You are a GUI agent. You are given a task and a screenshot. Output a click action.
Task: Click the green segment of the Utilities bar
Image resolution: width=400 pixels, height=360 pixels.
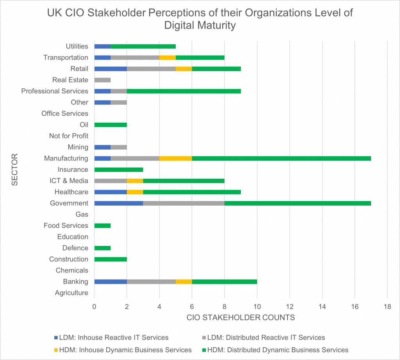click(x=143, y=46)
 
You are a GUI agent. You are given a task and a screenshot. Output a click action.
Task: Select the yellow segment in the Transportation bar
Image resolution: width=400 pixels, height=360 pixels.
click(x=167, y=57)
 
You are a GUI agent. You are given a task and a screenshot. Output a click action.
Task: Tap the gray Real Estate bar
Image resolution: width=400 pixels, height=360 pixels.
click(x=102, y=80)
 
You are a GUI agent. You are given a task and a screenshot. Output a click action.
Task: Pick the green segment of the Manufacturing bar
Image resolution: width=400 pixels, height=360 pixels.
click(x=281, y=158)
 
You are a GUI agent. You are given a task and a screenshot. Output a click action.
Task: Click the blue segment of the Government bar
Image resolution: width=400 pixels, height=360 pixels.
click(x=119, y=203)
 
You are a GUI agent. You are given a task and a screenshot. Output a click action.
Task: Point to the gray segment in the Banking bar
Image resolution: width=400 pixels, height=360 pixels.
click(x=151, y=282)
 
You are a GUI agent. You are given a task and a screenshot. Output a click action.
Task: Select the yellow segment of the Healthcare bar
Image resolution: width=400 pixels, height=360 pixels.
click(x=135, y=192)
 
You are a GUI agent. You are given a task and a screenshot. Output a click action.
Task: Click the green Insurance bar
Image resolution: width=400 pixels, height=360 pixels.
click(x=119, y=170)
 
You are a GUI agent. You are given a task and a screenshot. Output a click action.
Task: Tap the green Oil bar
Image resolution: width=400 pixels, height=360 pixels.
click(x=111, y=125)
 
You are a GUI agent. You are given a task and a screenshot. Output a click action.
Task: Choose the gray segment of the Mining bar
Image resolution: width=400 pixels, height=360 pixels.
click(x=119, y=147)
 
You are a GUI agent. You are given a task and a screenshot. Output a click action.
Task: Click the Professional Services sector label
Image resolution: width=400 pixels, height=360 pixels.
click(x=55, y=91)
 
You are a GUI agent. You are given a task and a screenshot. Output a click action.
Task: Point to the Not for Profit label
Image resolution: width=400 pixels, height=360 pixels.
click(x=68, y=136)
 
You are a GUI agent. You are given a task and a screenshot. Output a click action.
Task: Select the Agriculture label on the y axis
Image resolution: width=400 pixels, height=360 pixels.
click(x=71, y=293)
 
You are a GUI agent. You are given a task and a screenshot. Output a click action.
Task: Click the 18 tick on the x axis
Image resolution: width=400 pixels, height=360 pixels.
click(x=387, y=307)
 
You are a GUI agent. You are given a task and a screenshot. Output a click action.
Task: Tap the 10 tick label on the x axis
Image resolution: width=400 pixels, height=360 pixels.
click(x=257, y=307)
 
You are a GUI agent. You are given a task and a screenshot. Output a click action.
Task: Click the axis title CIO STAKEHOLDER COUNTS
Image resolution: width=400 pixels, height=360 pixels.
click(x=241, y=318)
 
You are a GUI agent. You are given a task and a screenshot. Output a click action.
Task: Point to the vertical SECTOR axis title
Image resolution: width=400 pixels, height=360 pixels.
click(x=15, y=170)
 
